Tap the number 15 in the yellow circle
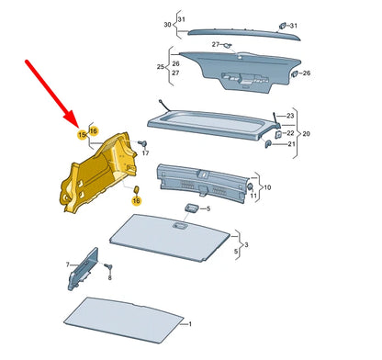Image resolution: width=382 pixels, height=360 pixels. [81, 135]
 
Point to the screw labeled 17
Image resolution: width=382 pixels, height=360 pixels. [143, 144]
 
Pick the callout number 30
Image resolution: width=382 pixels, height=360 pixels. [167, 25]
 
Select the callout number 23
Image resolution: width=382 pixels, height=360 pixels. [289, 116]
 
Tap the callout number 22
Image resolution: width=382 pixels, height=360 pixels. [289, 132]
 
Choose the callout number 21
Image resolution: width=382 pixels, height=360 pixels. [289, 144]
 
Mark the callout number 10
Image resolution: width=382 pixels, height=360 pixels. [267, 188]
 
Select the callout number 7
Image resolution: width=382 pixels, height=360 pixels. [66, 264]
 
